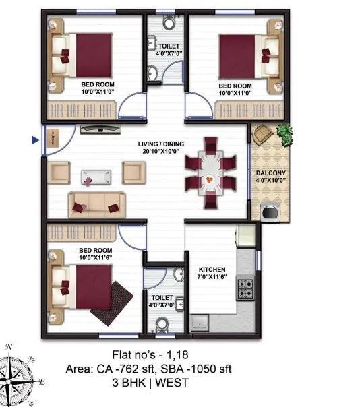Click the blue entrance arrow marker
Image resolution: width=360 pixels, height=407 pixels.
pos(35,140)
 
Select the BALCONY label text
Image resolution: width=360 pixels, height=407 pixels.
pos(270,177)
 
